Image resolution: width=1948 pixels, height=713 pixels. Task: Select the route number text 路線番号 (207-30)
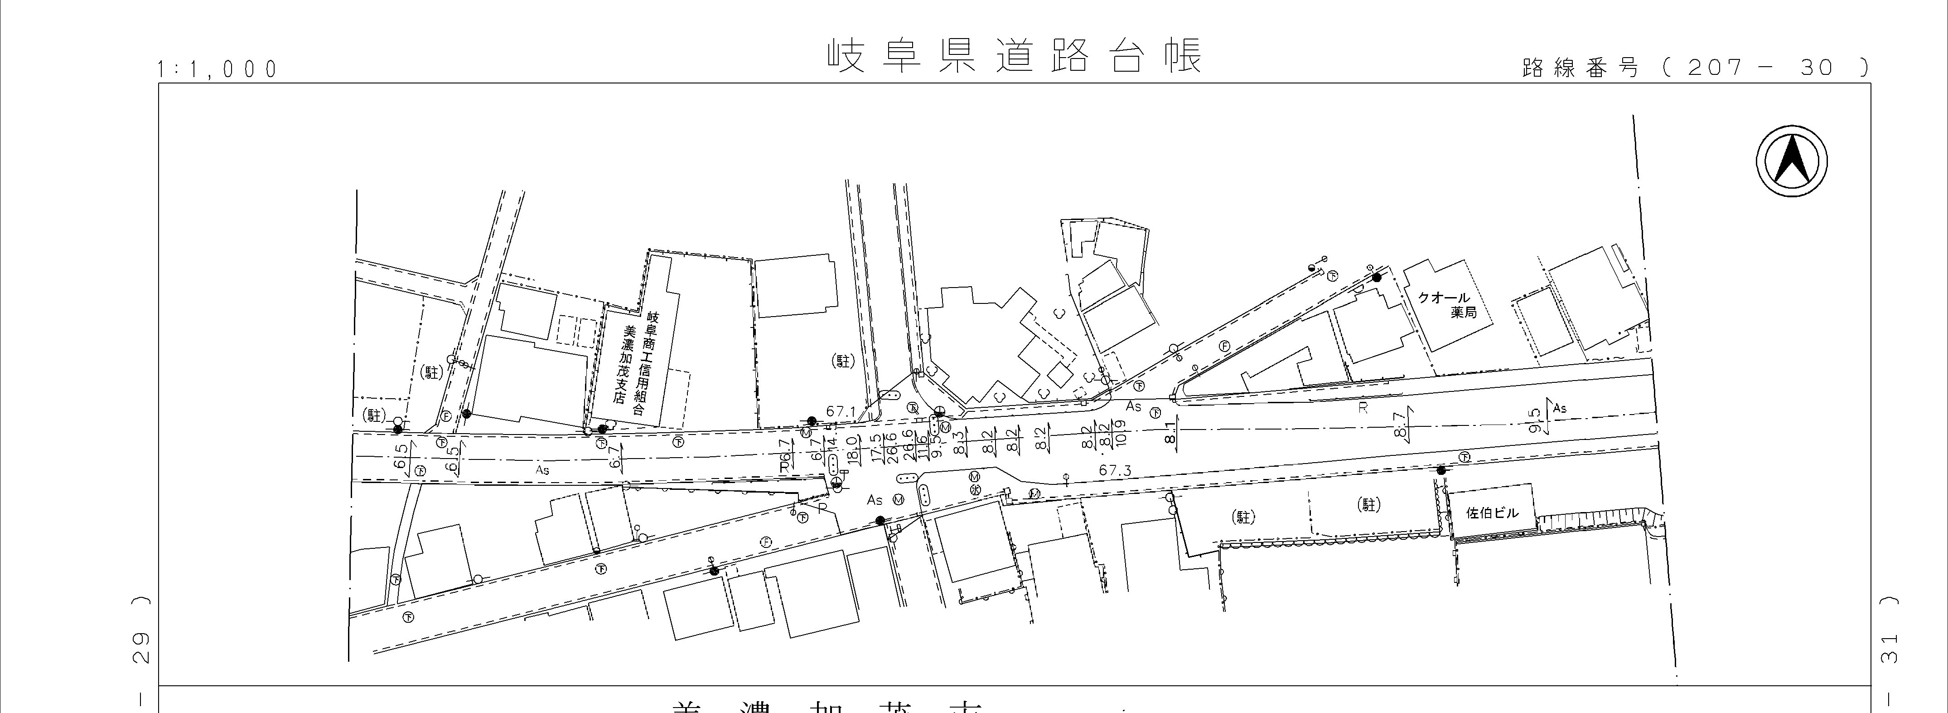tap(1694, 68)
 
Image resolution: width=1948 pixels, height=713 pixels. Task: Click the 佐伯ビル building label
tap(1491, 513)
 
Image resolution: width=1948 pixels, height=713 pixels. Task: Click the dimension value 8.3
tap(959, 441)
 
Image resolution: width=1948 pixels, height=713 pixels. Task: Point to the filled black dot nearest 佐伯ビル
tap(1440, 470)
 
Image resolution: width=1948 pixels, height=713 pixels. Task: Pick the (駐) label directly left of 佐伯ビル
tap(1369, 504)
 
